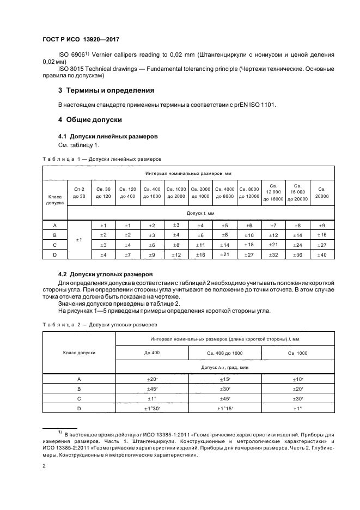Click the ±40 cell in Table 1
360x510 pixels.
tap(322, 255)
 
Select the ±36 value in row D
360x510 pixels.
tap(297, 255)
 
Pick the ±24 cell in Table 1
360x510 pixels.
tap(297, 245)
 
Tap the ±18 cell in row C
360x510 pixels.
tap(249, 245)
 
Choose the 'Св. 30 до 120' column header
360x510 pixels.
tap(103, 192)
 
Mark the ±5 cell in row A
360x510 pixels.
tap(224, 226)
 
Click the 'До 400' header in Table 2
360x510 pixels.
tap(152, 354)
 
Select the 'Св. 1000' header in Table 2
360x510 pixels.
tap(297, 354)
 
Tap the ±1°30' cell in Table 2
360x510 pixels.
tap(152, 409)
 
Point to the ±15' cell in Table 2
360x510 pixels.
tap(225, 379)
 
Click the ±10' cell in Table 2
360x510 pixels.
tap(297, 379)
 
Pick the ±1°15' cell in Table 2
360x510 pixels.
tap(225, 409)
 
